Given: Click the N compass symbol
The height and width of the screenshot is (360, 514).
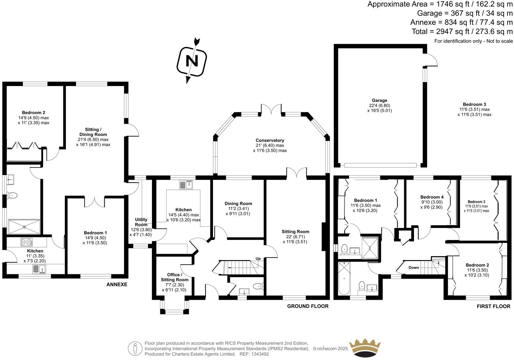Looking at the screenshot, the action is [x=192, y=61].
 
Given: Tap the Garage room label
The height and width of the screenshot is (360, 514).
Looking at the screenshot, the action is [x=380, y=101].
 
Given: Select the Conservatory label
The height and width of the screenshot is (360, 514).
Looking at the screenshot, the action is [x=270, y=140].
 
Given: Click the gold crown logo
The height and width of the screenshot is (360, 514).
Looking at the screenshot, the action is [x=365, y=348].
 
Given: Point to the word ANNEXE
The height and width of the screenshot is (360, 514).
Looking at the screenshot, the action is [x=117, y=285].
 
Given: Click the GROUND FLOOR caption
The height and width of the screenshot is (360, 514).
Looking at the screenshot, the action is [x=308, y=306].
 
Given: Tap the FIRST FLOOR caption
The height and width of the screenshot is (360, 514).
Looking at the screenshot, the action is [x=493, y=306].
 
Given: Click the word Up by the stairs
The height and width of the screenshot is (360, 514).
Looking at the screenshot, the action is [x=258, y=259].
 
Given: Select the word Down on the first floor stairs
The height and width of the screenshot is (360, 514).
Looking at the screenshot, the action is [x=414, y=268].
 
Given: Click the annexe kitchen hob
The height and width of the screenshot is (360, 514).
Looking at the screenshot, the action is [x=26, y=242].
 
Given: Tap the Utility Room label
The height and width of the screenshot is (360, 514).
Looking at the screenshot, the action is [x=141, y=222].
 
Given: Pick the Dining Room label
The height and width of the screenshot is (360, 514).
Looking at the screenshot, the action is [x=238, y=203].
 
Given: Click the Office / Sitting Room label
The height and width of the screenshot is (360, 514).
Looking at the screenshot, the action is [x=175, y=277].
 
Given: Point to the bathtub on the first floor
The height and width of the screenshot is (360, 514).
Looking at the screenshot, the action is [x=344, y=278].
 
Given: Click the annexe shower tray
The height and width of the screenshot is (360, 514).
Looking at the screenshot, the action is [x=24, y=227].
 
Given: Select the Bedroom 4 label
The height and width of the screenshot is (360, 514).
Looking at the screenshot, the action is [x=432, y=197].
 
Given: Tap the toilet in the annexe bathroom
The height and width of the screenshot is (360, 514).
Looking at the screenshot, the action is [x=12, y=196].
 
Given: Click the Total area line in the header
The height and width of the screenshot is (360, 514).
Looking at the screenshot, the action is [x=462, y=31].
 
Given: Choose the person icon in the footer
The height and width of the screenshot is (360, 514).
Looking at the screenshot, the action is [x=135, y=348].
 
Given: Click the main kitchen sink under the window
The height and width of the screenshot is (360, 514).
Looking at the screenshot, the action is [x=186, y=185].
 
